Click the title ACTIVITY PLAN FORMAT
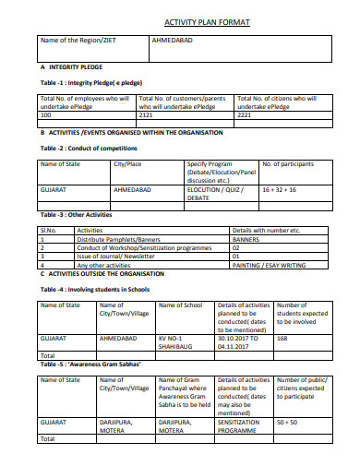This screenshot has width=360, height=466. pyautogui.click(x=206, y=21)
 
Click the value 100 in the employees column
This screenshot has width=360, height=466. pyautogui.click(x=47, y=115)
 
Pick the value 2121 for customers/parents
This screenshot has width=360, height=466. pyautogui.click(x=148, y=115)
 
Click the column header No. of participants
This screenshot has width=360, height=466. pyautogui.click(x=291, y=163)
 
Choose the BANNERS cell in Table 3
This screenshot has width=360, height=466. pyautogui.click(x=248, y=238)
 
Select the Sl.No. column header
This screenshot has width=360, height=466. pyautogui.click(x=49, y=230)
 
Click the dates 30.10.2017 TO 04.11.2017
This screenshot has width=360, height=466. pyautogui.click(x=243, y=342)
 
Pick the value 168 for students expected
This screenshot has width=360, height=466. pyautogui.click(x=282, y=339)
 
